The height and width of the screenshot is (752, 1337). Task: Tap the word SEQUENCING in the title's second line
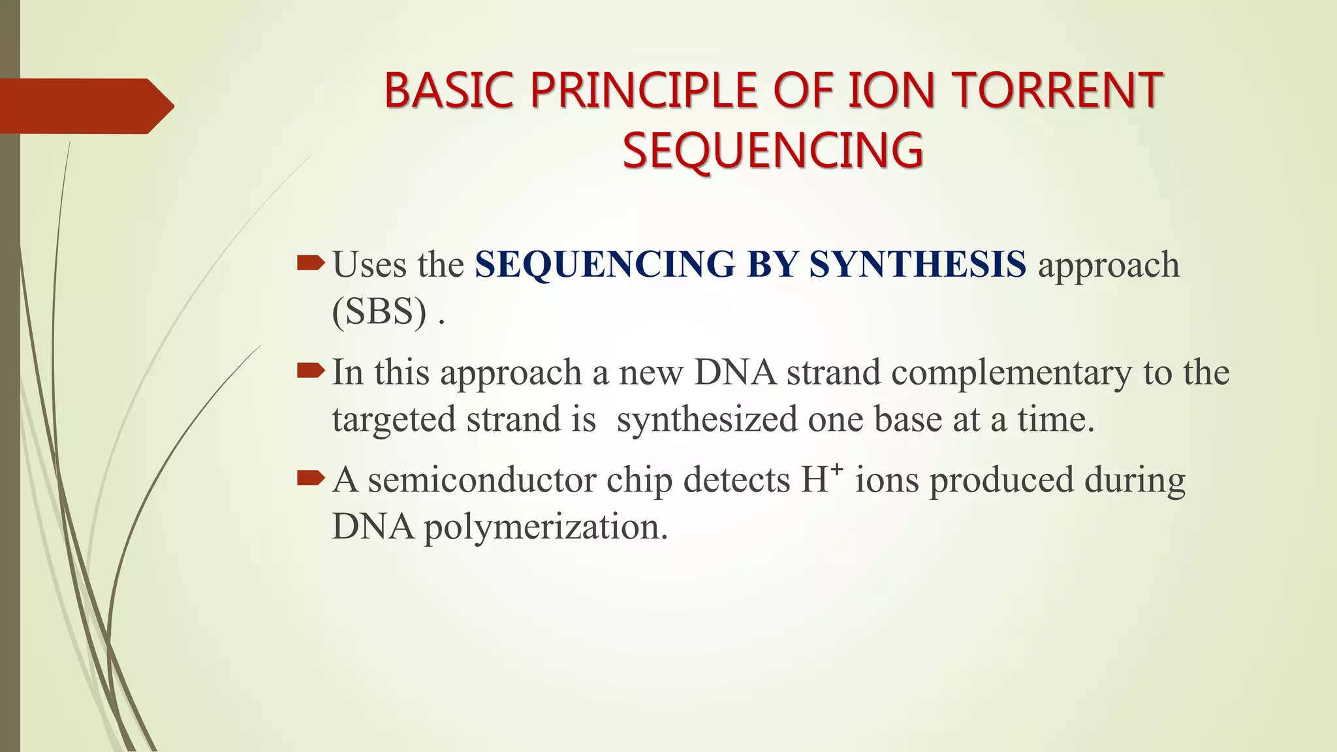[773, 150]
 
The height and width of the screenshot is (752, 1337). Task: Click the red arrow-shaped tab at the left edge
[85, 106]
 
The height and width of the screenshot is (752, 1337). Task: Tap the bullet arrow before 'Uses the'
[310, 263]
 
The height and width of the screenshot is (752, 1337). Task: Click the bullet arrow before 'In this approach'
[310, 371]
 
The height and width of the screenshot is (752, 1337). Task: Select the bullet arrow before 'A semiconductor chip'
[310, 478]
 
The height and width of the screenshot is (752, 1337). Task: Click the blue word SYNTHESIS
[917, 264]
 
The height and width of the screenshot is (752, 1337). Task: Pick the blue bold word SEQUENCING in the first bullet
[605, 264]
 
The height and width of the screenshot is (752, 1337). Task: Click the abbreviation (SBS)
[380, 311]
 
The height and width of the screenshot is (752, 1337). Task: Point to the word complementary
[1011, 373]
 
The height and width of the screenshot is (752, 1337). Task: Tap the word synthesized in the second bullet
[707, 419]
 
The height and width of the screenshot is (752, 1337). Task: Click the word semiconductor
[482, 480]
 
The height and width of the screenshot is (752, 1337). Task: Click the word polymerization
[546, 527]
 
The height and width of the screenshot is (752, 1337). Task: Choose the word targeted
[394, 420]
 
